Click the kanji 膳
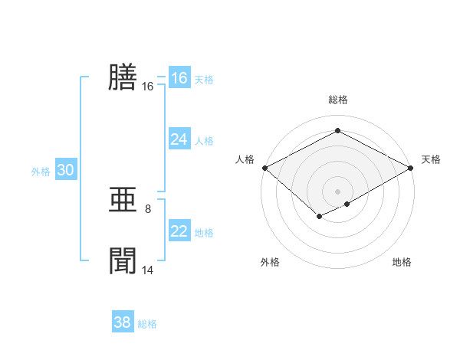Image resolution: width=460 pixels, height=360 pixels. [123, 77]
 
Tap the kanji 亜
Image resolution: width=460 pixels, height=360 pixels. [123, 201]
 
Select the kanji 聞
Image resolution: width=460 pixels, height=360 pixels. [123, 261]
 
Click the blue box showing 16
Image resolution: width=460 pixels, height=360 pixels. [179, 78]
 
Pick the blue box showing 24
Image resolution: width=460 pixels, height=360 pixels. [179, 139]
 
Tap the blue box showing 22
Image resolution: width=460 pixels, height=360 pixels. [179, 231]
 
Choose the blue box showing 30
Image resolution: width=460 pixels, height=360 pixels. [65, 171]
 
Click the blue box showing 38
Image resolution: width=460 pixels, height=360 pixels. [123, 322]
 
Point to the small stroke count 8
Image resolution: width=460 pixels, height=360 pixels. [148, 208]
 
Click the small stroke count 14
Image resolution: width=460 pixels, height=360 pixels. [148, 270]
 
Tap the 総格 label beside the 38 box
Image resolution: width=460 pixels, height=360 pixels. [147, 324]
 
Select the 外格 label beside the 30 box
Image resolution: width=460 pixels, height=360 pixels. [41, 172]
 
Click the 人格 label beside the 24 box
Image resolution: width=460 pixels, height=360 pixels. [204, 140]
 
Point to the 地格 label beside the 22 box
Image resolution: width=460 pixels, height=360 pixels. [204, 232]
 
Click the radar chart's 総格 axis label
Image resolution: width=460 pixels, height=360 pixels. [337, 100]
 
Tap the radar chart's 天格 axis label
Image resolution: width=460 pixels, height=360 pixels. [432, 160]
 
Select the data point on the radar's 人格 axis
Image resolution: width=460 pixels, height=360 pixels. [264, 168]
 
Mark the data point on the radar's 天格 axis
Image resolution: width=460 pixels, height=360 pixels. [412, 168]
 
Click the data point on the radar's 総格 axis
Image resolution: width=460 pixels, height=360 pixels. [337, 131]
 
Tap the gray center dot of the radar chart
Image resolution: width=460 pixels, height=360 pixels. [337, 191]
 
